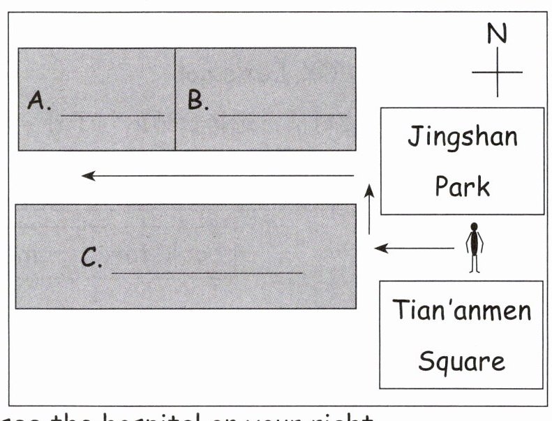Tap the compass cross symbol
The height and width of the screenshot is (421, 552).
click(497, 72)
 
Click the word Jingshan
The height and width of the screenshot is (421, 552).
click(463, 138)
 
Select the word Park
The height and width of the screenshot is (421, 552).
click(463, 186)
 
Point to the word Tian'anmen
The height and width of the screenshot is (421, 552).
click(461, 310)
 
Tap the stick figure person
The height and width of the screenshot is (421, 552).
click(475, 247)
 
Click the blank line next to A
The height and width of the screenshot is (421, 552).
click(112, 115)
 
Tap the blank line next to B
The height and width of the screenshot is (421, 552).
click(282, 115)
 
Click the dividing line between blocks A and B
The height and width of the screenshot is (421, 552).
click(175, 98)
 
